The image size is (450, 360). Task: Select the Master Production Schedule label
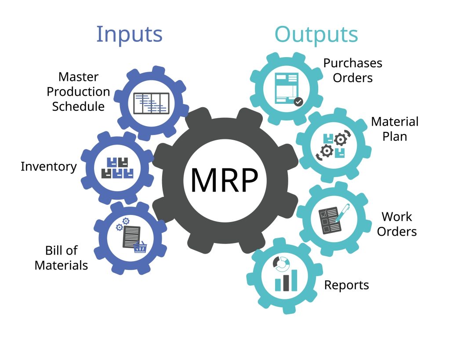(x=78, y=91)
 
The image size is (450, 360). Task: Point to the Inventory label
(x=48, y=167)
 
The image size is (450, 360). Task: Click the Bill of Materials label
(x=61, y=258)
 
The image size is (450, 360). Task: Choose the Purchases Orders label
(x=352, y=70)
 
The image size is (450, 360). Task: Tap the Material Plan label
(x=395, y=129)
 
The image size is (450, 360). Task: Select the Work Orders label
(x=396, y=224)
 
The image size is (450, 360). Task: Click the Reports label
(x=346, y=285)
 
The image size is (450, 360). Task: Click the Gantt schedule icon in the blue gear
(x=151, y=103)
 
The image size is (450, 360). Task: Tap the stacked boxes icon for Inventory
(x=117, y=167)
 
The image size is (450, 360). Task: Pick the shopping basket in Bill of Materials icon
(x=140, y=248)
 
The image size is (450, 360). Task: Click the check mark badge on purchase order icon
(x=298, y=102)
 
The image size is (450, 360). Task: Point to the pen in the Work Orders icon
(x=342, y=212)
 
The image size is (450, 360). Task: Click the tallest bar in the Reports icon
(x=294, y=280)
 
